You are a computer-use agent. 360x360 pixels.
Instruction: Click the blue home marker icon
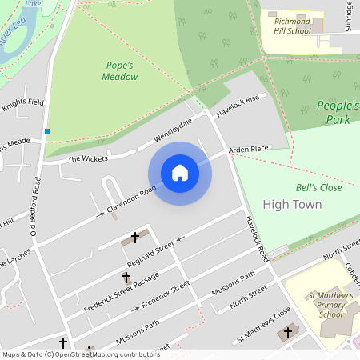[x=180, y=173]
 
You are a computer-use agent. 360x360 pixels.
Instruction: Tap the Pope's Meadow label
[x=120, y=70]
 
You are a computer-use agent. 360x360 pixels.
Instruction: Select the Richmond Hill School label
[x=292, y=26]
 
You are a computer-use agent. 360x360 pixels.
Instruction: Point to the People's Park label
[x=334, y=112]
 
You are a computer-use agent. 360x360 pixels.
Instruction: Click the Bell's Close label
[x=318, y=187]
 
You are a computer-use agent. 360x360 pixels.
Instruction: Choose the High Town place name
[x=292, y=205]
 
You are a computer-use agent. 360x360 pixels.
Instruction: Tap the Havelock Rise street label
[x=238, y=104]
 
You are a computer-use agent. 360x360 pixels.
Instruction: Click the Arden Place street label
[x=248, y=150]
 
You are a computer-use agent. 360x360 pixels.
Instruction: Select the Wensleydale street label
[x=174, y=131]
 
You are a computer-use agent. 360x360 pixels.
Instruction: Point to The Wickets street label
[x=86, y=158]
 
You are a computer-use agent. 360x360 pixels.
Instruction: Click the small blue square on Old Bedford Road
[x=47, y=131]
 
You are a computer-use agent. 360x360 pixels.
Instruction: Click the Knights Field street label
[x=22, y=103]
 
